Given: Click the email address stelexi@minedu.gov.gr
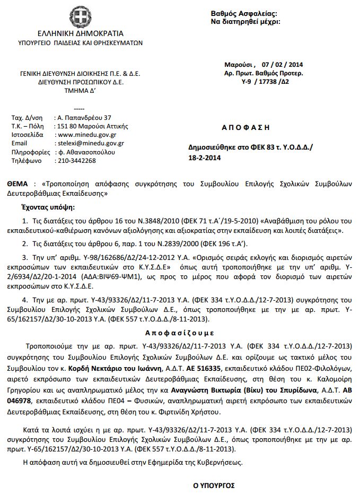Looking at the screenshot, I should point(91,143).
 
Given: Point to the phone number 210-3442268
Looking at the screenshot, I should point(76,160).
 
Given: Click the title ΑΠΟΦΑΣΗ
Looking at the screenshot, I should point(245,127).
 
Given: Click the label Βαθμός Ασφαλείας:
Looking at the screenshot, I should point(244,13).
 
